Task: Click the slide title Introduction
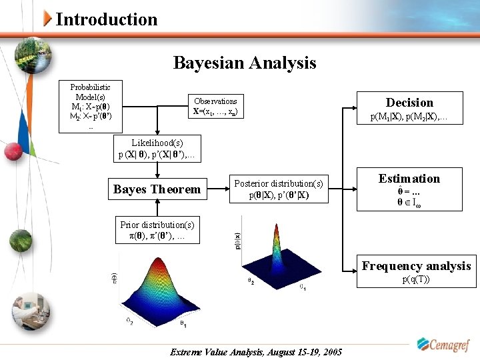tap(107, 19)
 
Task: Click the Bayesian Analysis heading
tap(244, 63)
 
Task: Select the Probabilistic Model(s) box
tap(91, 107)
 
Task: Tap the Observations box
tap(215, 107)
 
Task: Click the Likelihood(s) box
tap(157, 149)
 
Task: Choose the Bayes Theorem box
tap(157, 189)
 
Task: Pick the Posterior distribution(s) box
tap(278, 189)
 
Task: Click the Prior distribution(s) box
tap(157, 231)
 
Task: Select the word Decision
tap(409, 102)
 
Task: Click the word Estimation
tap(409, 178)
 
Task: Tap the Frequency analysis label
tap(416, 266)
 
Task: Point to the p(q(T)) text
tap(415, 279)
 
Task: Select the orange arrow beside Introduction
tap(47, 19)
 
